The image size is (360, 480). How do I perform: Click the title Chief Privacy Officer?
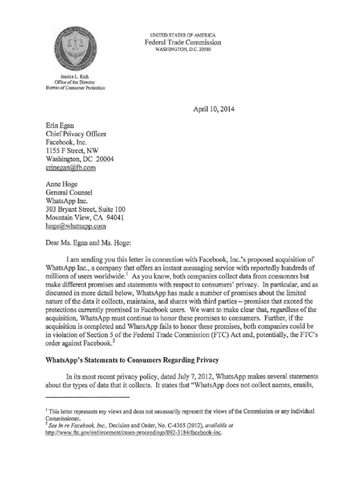click(75, 134)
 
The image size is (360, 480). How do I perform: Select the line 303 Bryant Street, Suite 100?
click(85, 209)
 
